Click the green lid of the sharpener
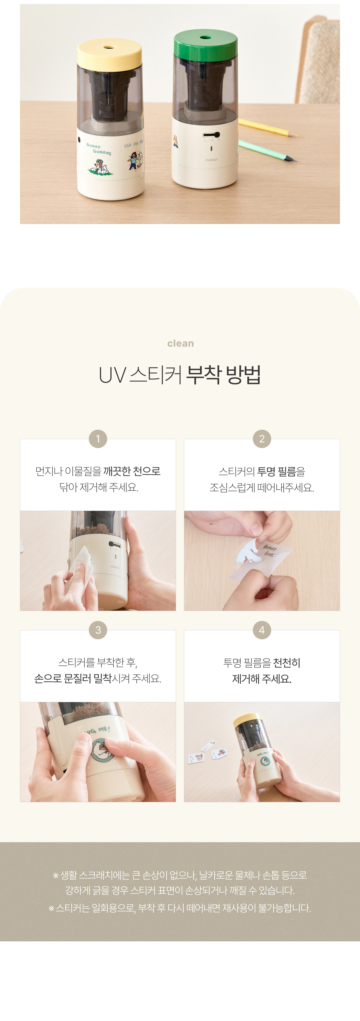(x=205, y=44)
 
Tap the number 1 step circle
(x=98, y=439)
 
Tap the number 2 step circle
(x=262, y=439)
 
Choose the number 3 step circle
(x=98, y=630)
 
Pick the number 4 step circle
(x=262, y=630)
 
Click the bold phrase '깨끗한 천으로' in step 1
(x=132, y=471)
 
